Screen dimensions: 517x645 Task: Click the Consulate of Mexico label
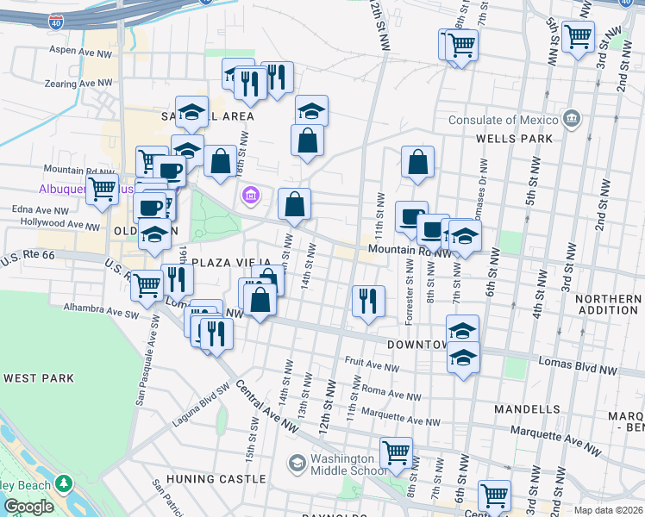pos(504,120)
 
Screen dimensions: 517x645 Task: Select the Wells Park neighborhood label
pos(513,138)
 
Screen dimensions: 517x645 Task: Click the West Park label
pos(39,378)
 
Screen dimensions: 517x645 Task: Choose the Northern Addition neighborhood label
pos(608,303)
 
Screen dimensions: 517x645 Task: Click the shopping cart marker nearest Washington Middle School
pos(397,452)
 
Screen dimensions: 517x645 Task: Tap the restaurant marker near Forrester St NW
pos(368,301)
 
